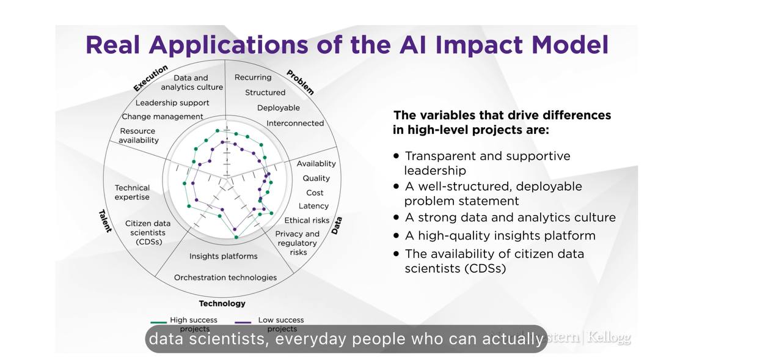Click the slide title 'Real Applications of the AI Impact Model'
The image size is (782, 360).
346,45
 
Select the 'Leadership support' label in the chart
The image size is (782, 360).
172,103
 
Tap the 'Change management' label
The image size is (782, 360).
163,117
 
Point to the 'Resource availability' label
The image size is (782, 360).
138,136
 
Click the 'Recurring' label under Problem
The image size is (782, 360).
253,78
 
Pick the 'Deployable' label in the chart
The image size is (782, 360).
278,108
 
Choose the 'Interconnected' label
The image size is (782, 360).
295,123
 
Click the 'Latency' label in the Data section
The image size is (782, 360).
313,206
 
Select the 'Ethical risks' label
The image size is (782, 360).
307,221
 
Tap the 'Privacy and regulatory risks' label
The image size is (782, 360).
298,243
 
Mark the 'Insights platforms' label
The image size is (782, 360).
223,257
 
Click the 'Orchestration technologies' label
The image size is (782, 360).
225,277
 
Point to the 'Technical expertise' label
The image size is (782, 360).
132,193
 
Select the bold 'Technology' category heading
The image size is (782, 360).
222,304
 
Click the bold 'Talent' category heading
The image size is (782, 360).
105,221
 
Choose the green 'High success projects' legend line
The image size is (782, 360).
158,321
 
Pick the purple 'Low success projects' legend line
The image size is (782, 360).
243,321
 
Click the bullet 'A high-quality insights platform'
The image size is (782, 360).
500,236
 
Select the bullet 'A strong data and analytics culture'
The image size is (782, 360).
510,218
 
